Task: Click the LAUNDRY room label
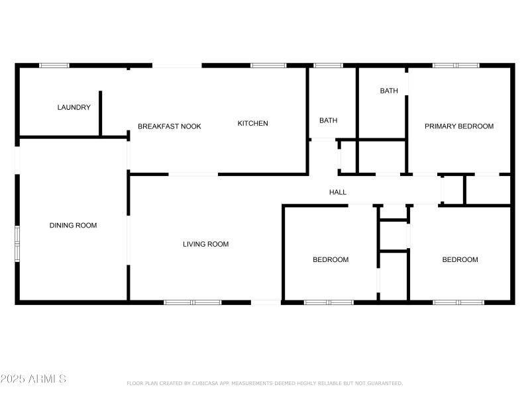pyautogui.click(x=74, y=107)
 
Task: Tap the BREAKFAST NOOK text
pyautogui.click(x=169, y=126)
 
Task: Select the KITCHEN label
pyautogui.click(x=253, y=123)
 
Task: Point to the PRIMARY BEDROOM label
pyautogui.click(x=459, y=126)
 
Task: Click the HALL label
pyautogui.click(x=338, y=192)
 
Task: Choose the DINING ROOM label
pyautogui.click(x=73, y=225)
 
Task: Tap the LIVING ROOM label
pyautogui.click(x=205, y=244)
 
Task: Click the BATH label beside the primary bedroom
pyautogui.click(x=389, y=91)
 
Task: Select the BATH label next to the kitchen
pyautogui.click(x=328, y=120)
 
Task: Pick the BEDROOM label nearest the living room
pyautogui.click(x=331, y=259)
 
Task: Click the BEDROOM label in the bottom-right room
pyautogui.click(x=460, y=259)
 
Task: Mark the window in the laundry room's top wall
pyautogui.click(x=54, y=66)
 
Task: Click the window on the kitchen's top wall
pyautogui.click(x=268, y=66)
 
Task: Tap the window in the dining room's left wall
pyautogui.click(x=18, y=243)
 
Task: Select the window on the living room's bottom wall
pyautogui.click(x=193, y=302)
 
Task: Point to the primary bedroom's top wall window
pyautogui.click(x=456, y=66)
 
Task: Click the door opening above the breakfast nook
pyautogui.click(x=177, y=66)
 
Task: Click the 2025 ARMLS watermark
pyautogui.click(x=33, y=379)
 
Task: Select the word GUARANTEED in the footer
pyautogui.click(x=384, y=383)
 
